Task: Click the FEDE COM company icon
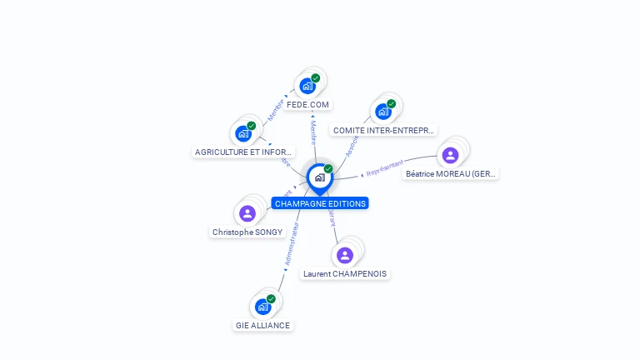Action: click(307, 86)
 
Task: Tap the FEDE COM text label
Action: click(307, 105)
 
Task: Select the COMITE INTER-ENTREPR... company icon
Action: click(383, 112)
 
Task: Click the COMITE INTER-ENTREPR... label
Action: click(383, 131)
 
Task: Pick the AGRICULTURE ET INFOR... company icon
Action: click(243, 133)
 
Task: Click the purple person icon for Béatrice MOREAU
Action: click(450, 155)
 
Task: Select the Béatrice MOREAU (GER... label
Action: click(450, 174)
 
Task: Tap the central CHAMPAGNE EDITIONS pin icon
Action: click(319, 177)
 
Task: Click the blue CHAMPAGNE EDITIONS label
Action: click(320, 203)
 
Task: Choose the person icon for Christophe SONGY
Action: click(247, 213)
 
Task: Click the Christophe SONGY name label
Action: click(247, 232)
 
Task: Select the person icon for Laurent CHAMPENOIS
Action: click(346, 255)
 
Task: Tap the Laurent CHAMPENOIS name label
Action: click(346, 274)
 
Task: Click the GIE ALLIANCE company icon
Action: click(263, 307)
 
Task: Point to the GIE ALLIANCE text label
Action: click(263, 326)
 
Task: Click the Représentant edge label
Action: click(385, 167)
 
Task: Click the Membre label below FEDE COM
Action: click(312, 133)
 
